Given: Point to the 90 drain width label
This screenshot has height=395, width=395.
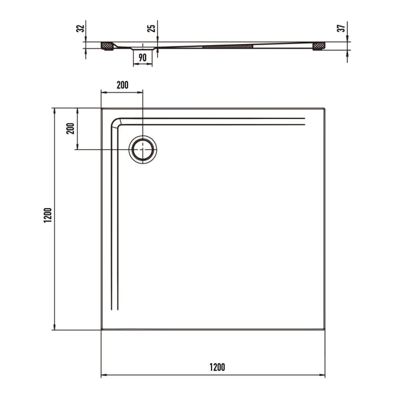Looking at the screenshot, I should (142, 58).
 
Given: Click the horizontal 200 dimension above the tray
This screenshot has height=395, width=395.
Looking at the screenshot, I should (122, 85).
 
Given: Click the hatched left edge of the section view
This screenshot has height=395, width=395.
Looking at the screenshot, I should (107, 45).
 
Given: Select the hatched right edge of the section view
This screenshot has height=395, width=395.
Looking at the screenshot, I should (319, 45).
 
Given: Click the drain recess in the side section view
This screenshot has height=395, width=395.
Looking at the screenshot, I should (142, 48).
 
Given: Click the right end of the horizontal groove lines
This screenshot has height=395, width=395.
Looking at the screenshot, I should (304, 121).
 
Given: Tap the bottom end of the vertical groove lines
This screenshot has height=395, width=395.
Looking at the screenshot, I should (114, 309).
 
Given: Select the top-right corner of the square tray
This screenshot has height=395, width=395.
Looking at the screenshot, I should (325, 108).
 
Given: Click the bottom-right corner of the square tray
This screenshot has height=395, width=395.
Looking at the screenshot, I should (325, 330).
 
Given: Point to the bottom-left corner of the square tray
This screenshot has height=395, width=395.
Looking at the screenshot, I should (102, 330).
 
